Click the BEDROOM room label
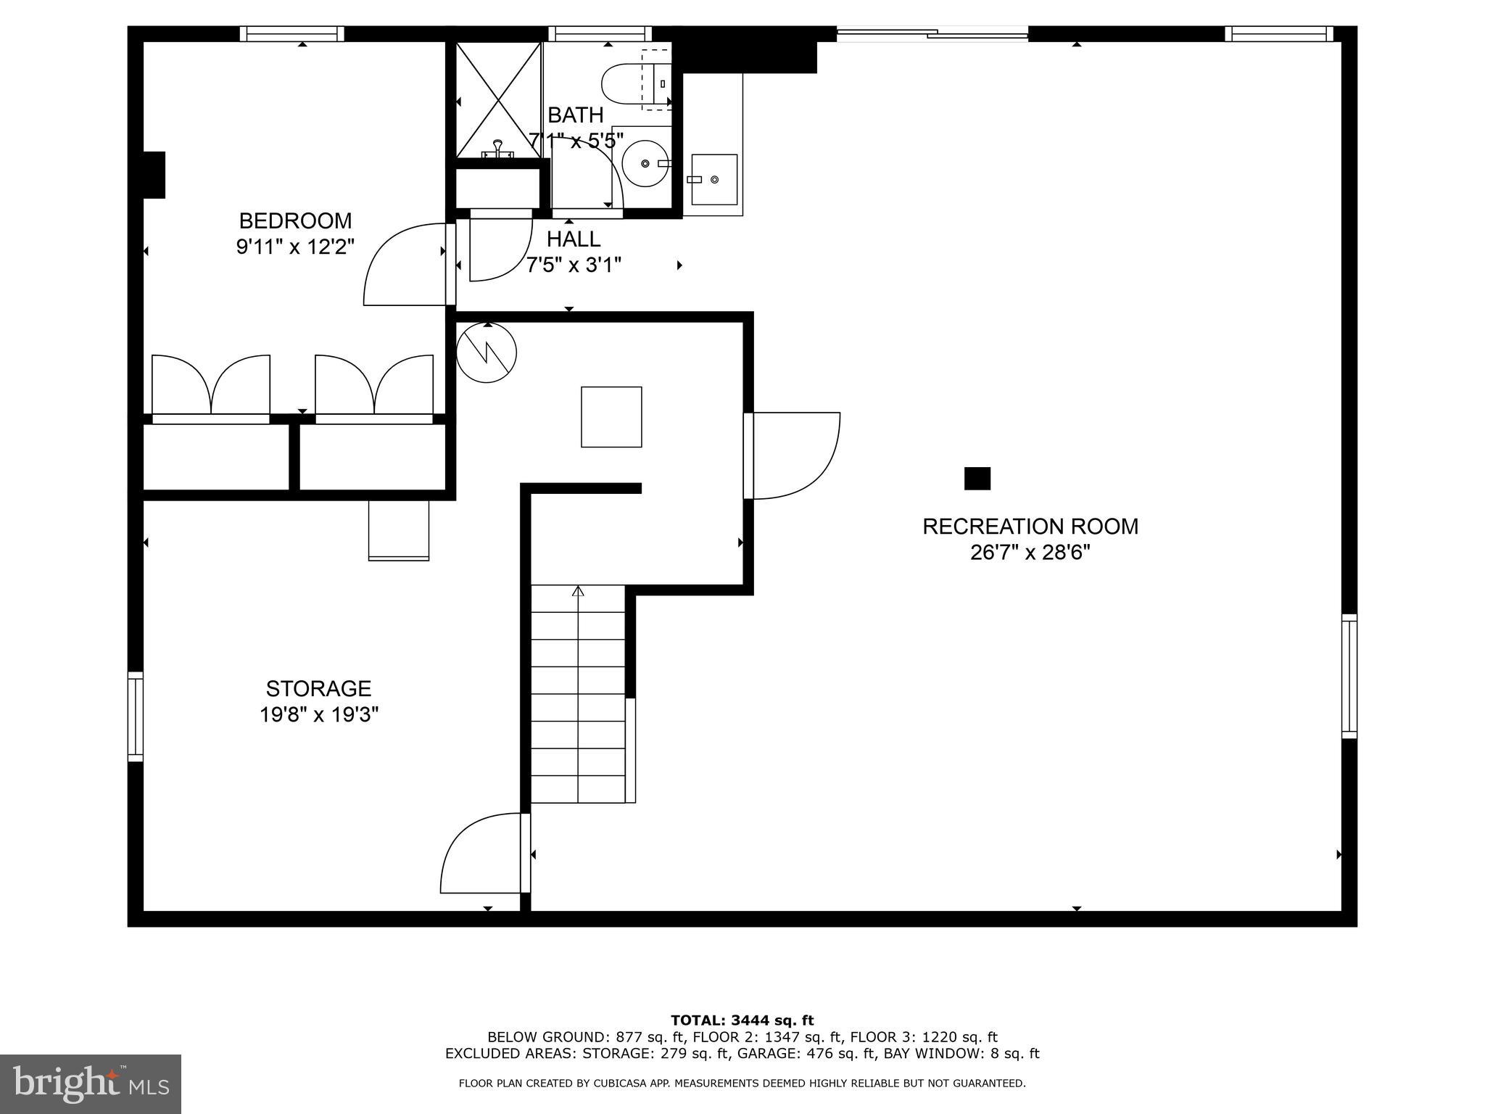295,220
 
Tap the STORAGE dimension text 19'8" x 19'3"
319,715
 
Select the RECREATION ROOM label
1030,527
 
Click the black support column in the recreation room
977,479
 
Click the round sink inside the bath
645,163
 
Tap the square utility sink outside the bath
713,179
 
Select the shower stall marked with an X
498,99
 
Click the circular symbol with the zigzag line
487,353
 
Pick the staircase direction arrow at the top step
578,591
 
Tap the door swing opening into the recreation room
794,455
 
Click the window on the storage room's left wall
136,717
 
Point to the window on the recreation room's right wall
1349,676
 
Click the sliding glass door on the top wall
932,33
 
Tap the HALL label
573,239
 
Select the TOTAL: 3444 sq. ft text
742,1021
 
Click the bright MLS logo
91,1084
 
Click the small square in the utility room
611,417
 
